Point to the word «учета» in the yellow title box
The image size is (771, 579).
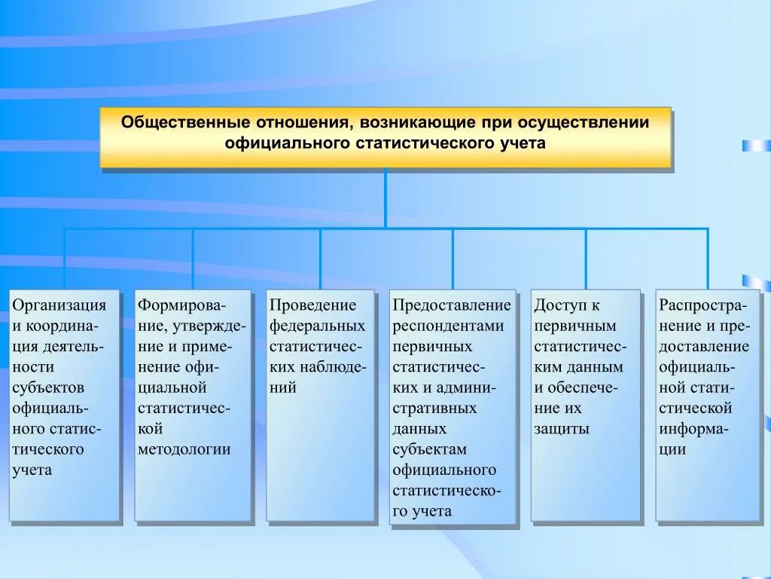[520, 142]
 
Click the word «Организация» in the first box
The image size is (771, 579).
[59, 305]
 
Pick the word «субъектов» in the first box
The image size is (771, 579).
[48, 388]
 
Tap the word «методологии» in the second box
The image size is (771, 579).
[184, 449]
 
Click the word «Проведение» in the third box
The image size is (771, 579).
[312, 305]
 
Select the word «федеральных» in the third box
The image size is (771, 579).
[317, 326]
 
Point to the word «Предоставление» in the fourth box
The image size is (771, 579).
[452, 305]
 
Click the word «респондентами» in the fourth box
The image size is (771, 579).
[447, 326]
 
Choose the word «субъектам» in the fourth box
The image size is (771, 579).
[429, 449]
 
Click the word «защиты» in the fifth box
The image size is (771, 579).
[562, 429]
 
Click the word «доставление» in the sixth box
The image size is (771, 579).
[704, 347]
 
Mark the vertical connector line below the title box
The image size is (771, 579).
[385, 198]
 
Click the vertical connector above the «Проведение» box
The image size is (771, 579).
[320, 259]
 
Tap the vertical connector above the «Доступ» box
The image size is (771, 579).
[586, 259]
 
